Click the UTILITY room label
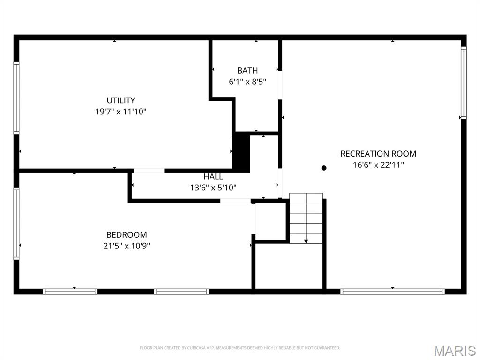click(120, 100)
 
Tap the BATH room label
click(247, 71)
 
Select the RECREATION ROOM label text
click(378, 154)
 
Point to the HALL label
click(213, 177)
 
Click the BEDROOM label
click(127, 235)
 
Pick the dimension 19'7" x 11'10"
click(120, 112)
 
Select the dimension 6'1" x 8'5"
click(247, 82)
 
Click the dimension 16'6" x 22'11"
click(378, 165)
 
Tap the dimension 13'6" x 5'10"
click(213, 188)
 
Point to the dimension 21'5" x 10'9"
click(127, 246)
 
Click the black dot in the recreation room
click(323, 168)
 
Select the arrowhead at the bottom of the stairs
click(306, 241)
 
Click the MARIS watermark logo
click(454, 351)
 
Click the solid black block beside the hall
click(241, 152)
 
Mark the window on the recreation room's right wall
click(463, 82)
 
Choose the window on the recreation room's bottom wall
click(392, 292)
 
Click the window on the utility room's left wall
click(16, 98)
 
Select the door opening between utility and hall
click(149, 171)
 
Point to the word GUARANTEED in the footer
click(328, 348)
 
